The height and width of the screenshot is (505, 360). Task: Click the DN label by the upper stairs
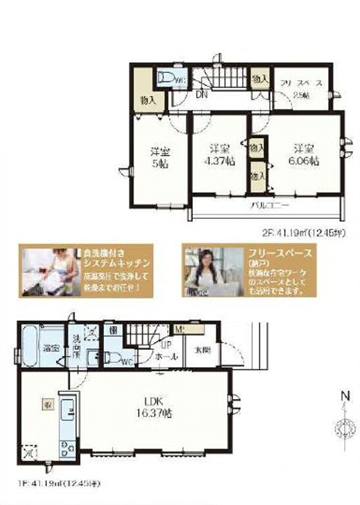201,95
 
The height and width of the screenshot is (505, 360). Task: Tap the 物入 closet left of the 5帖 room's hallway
147,100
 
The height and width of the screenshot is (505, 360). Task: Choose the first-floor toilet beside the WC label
114,358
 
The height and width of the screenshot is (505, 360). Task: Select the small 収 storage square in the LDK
49,406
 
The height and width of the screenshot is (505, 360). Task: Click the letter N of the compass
342,397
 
